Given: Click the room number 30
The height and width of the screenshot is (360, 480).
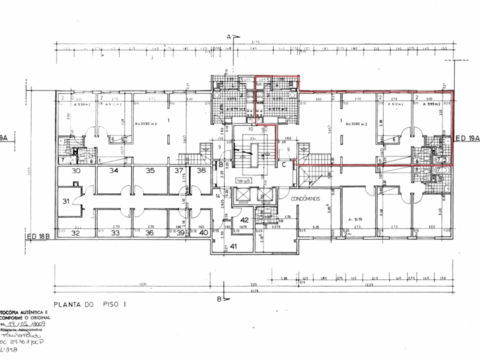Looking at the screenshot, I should tap(76, 171).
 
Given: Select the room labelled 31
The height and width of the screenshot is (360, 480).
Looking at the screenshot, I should tap(65, 201).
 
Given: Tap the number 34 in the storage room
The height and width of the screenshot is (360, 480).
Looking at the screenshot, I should tap(114, 171).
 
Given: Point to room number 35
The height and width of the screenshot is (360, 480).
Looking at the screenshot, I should tap(150, 171).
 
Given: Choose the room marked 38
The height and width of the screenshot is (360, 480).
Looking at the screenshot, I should tap(201, 170).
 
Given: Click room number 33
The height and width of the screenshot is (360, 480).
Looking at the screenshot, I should tap(115, 232).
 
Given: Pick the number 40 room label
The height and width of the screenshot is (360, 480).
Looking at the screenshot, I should tap(203, 232).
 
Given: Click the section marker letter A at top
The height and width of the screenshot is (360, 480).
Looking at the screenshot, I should tap(228, 36).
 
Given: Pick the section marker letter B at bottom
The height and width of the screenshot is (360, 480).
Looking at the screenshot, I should tap(219, 299).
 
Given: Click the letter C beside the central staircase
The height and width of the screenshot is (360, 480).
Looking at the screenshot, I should tap(283, 164).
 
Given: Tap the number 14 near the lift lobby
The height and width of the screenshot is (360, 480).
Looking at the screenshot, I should tap(217, 196).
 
